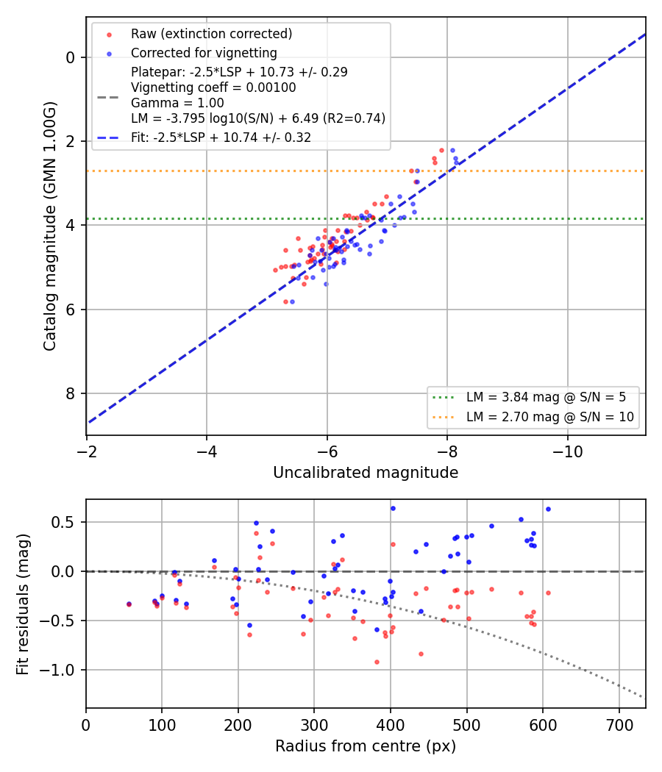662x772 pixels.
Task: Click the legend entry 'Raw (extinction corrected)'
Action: (x=211, y=34)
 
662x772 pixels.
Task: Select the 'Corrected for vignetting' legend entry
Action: (x=204, y=53)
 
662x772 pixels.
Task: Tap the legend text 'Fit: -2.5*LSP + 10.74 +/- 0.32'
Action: (x=221, y=137)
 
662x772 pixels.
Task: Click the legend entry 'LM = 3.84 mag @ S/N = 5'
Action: (x=546, y=397)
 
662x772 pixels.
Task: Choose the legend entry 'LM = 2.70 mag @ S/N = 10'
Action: (x=549, y=417)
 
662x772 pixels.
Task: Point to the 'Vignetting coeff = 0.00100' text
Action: (x=213, y=87)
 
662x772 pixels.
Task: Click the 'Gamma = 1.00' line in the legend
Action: (x=177, y=103)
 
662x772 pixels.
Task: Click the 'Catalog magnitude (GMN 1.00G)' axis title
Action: (x=50, y=226)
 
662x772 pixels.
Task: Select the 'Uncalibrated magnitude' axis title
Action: (x=366, y=473)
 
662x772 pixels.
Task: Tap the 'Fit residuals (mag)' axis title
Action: (x=23, y=604)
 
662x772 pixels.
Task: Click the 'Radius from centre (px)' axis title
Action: (x=366, y=746)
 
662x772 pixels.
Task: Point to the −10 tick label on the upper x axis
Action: (x=567, y=451)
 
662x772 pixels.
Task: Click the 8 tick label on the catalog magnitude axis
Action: (x=70, y=393)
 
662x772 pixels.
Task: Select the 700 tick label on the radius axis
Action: (x=619, y=725)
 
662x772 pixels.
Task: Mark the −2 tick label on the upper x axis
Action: (x=86, y=451)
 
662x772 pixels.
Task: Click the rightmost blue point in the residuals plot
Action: (x=548, y=510)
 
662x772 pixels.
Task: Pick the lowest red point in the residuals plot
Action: (x=377, y=662)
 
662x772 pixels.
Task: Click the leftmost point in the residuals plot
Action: (x=129, y=604)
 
